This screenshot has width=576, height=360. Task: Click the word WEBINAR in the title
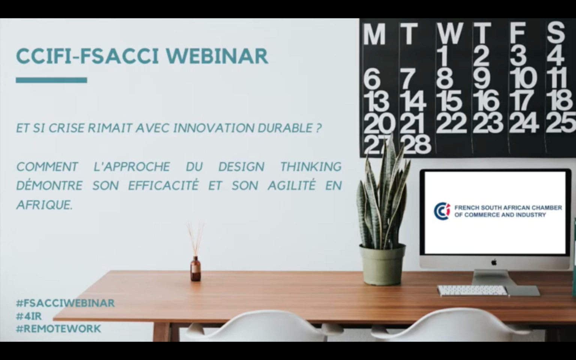[x=217, y=56]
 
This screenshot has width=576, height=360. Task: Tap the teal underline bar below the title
[x=51, y=80]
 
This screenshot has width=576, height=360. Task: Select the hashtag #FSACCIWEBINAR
[x=65, y=303]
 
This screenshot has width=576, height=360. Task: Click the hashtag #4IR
[x=29, y=316]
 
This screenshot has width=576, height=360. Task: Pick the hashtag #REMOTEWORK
[x=58, y=329]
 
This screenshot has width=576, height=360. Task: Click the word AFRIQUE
[x=45, y=205]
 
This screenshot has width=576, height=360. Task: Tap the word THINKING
[x=311, y=166]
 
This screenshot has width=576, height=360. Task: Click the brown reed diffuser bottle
[x=195, y=268]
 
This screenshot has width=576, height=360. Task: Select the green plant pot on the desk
[x=382, y=265]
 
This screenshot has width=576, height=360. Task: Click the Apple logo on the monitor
[x=494, y=262]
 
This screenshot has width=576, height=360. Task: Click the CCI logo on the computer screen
[x=442, y=211]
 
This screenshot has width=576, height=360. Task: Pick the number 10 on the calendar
[x=523, y=78]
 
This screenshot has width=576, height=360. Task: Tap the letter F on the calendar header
[x=517, y=33]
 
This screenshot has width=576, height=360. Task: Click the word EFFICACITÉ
[x=163, y=185]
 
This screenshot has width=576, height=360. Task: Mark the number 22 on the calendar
[x=451, y=122]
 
